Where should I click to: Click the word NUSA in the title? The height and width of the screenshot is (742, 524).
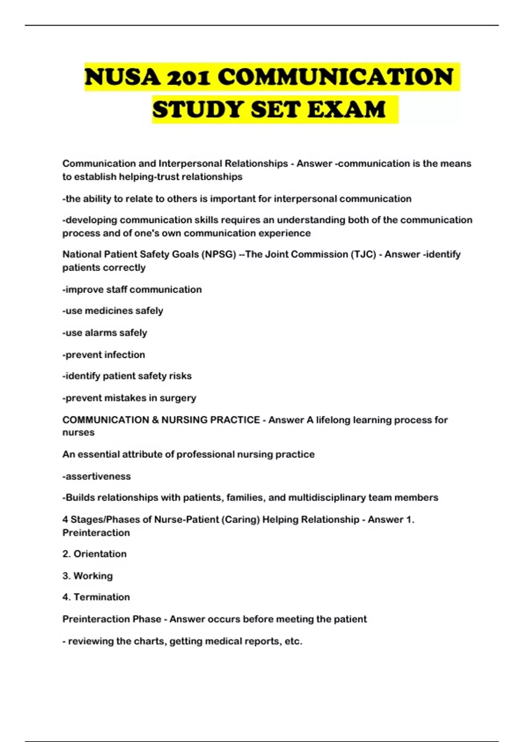(122, 77)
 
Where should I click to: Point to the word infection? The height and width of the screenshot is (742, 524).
(124, 355)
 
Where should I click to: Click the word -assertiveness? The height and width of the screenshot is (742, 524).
(97, 476)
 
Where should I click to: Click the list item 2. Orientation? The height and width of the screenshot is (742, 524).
(94, 554)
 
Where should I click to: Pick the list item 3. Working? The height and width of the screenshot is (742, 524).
(87, 576)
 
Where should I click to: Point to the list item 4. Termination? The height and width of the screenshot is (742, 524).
(96, 597)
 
